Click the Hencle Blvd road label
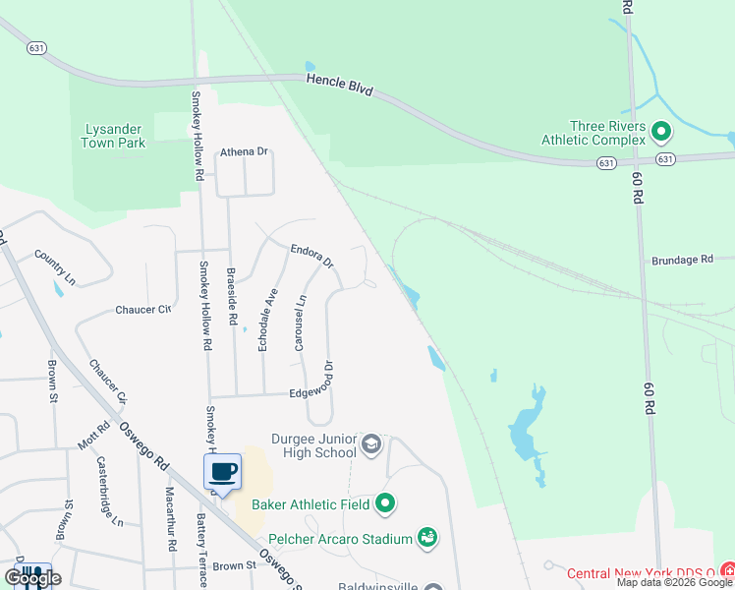click(x=339, y=86)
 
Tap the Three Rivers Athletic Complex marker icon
click(x=661, y=130)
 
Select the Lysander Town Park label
click(x=115, y=136)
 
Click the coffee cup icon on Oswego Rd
click(x=223, y=472)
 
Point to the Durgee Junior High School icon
click(x=371, y=444)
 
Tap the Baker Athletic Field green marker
click(x=385, y=504)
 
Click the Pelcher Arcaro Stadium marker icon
click(x=427, y=537)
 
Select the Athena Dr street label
click(x=244, y=151)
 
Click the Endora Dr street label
click(x=312, y=257)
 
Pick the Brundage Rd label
click(x=681, y=260)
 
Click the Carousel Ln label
click(x=301, y=324)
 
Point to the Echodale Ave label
click(x=263, y=319)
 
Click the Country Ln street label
click(x=55, y=267)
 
